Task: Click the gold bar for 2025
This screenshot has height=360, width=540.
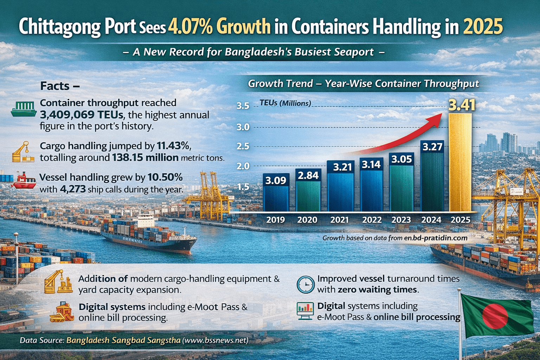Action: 460,162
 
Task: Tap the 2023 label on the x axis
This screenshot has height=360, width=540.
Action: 401,220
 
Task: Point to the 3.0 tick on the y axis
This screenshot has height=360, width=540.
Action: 243,127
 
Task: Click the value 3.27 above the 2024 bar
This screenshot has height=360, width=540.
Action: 432,147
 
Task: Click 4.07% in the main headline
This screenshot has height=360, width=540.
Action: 190,27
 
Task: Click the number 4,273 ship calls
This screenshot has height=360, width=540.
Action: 73,189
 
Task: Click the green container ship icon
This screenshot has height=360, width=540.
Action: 24,109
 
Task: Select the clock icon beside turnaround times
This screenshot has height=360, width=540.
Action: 306,284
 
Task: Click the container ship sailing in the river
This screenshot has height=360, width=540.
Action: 148,236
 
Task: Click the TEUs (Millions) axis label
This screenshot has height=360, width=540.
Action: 285,103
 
